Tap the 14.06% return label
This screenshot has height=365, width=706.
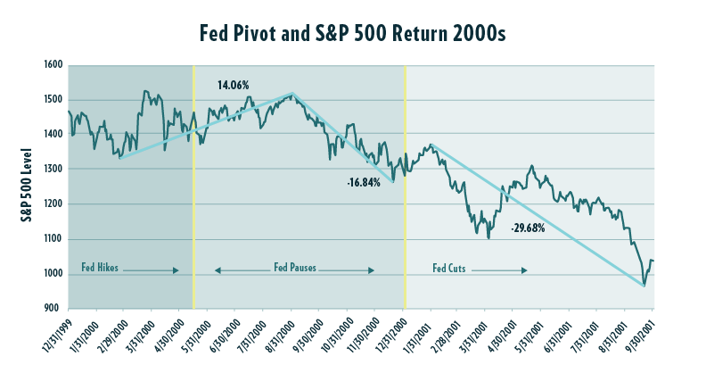click(x=234, y=86)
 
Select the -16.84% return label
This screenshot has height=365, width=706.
click(x=364, y=182)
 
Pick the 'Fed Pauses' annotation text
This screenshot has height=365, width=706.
click(x=295, y=267)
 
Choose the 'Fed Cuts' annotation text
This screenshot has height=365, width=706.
click(x=454, y=267)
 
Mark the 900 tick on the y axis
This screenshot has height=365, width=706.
click(x=53, y=309)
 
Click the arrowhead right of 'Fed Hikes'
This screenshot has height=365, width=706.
click(x=176, y=270)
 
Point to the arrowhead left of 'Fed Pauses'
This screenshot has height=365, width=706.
click(x=217, y=270)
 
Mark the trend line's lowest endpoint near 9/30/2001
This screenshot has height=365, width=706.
click(x=644, y=286)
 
